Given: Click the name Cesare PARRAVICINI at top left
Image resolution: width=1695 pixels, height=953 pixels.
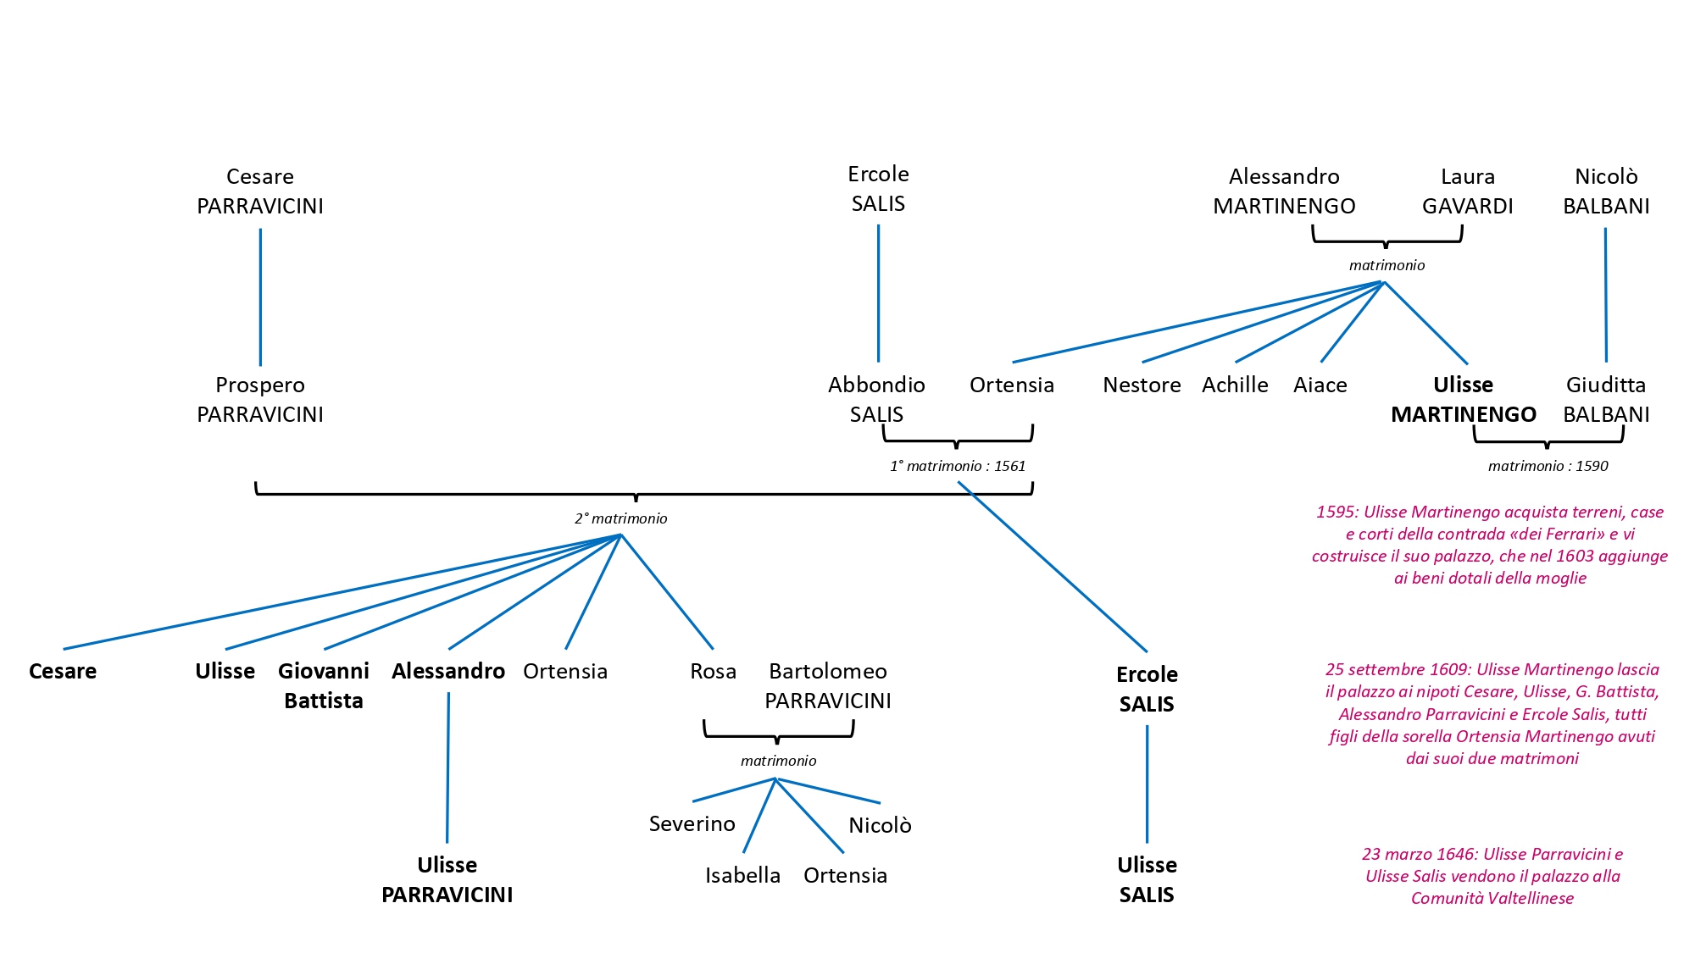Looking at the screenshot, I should (x=259, y=191).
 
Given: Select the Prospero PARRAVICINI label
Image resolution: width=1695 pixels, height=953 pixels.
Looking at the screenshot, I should (x=259, y=400).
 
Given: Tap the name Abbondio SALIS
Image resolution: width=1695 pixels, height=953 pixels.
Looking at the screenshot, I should (x=876, y=400).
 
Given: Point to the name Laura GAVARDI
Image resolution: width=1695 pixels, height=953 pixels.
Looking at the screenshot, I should (x=1467, y=191).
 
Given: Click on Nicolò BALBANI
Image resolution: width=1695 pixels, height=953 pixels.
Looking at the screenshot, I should (x=1605, y=191).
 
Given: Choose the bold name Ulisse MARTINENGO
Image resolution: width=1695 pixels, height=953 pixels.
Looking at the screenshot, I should (x=1463, y=400).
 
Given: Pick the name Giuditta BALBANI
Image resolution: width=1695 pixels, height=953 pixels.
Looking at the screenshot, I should (x=1605, y=400).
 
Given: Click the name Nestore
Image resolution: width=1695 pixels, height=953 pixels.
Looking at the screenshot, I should (x=1141, y=385).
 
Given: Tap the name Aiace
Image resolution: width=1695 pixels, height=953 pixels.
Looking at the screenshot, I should (x=1320, y=385).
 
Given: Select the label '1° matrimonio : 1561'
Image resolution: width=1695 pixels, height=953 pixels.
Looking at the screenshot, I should (x=957, y=466).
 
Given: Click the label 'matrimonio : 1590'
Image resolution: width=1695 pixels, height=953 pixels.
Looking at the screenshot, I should (x=1548, y=466).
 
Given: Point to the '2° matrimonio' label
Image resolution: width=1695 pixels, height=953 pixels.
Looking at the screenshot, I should (x=620, y=518).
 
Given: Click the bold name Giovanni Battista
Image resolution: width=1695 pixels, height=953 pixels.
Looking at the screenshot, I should (x=323, y=685).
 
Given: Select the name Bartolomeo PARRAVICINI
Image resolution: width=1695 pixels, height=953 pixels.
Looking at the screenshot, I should (x=827, y=685).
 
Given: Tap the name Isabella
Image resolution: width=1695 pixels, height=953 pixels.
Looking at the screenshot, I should (x=742, y=875).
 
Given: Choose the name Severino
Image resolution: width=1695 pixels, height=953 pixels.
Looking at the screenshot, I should (x=692, y=824).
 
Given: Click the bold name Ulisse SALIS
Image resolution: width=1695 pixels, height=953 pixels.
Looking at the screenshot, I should (x=1146, y=879).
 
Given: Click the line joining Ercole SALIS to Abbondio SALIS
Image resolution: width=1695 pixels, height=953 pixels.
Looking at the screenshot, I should (x=878, y=292).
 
